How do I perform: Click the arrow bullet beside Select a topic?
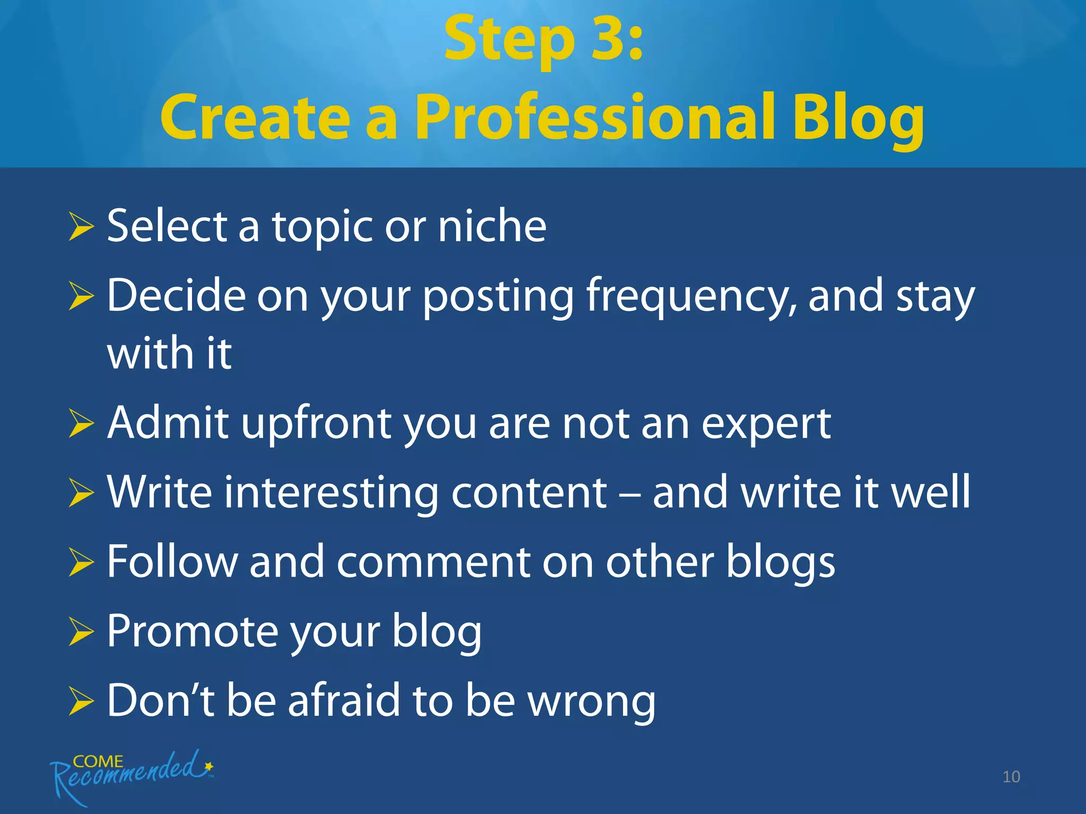point(81,226)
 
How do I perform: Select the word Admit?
point(168,423)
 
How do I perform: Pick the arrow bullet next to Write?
point(81,493)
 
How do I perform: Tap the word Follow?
point(172,562)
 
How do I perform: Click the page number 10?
point(1011,777)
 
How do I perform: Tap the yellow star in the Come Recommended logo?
point(209,766)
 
